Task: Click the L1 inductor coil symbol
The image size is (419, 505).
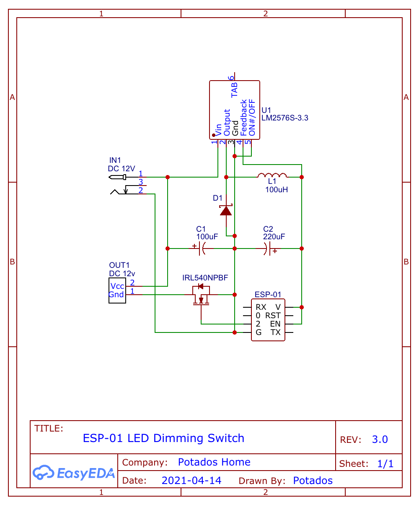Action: [x=272, y=175]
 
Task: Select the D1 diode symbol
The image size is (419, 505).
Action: [x=226, y=210]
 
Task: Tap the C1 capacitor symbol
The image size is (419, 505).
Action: [x=201, y=249]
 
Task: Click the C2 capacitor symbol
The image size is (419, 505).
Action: [x=268, y=249]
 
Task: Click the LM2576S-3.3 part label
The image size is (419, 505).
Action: [x=285, y=118]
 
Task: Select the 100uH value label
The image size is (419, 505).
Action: [x=277, y=190]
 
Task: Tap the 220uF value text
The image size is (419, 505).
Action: [x=274, y=237]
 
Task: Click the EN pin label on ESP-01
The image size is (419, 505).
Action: [x=275, y=324]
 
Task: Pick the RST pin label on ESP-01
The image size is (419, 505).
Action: [x=273, y=316]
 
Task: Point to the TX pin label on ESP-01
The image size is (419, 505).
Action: [x=275, y=332]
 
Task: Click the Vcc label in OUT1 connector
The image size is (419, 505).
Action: [x=117, y=286]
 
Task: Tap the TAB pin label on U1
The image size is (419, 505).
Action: [x=235, y=90]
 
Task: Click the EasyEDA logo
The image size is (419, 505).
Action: [x=74, y=473]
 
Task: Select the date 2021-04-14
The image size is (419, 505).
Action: [x=191, y=481]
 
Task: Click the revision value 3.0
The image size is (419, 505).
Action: [x=380, y=440]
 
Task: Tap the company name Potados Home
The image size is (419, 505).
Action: [x=214, y=462]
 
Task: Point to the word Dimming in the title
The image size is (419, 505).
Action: [x=179, y=438]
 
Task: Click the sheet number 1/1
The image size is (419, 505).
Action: [x=385, y=464]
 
